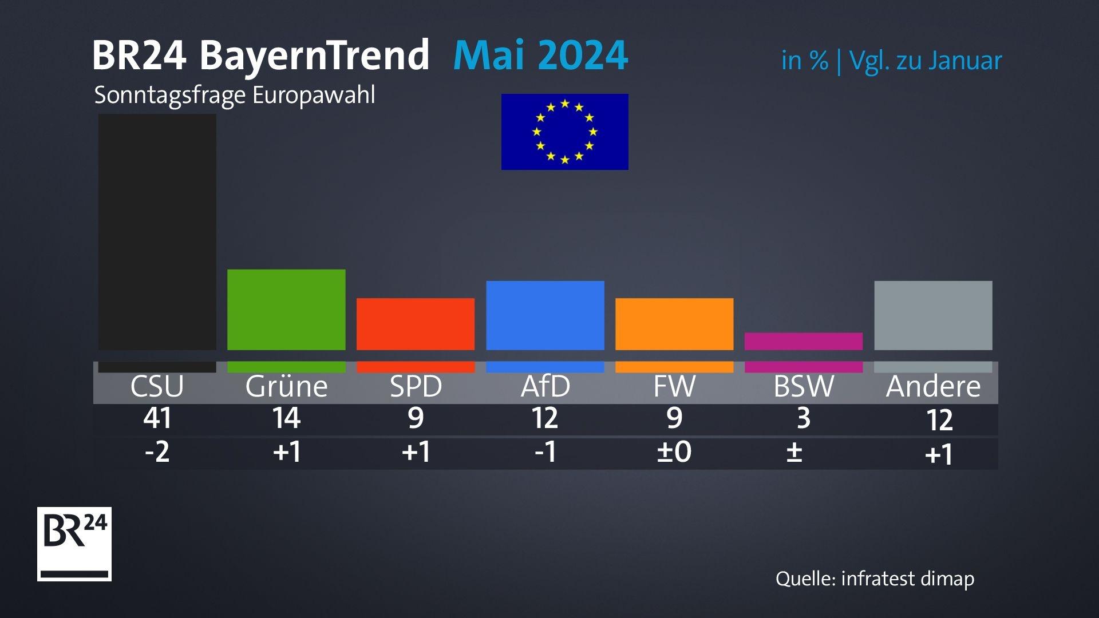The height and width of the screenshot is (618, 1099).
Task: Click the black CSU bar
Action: point(157,232)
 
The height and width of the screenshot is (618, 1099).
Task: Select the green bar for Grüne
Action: point(286,310)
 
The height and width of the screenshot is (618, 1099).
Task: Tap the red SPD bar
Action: point(416,324)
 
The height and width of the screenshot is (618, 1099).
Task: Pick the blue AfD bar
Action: point(545,315)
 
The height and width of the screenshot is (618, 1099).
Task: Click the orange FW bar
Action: point(674,324)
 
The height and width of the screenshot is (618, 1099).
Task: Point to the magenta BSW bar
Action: point(804,341)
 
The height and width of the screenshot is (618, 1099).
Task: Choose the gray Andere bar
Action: point(933,315)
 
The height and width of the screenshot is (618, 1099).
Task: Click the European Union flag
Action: point(564,132)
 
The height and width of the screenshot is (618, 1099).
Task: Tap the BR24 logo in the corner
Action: point(74,544)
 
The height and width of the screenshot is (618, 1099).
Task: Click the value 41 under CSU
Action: point(157,418)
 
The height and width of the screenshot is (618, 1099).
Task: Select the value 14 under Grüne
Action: point(286,418)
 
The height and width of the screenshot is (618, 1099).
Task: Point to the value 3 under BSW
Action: point(804,418)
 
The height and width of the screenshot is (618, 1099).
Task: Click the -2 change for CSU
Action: point(157,452)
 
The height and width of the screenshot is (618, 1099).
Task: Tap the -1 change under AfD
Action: point(545,452)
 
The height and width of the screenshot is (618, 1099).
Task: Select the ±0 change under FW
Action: point(674,452)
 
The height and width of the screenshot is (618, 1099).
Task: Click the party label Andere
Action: point(933,386)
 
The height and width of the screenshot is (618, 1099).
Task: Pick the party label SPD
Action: point(416,386)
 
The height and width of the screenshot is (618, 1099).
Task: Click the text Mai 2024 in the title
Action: point(540,56)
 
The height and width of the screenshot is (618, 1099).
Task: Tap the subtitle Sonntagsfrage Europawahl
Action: point(235,95)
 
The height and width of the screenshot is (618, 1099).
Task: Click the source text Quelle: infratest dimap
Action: point(875,579)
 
